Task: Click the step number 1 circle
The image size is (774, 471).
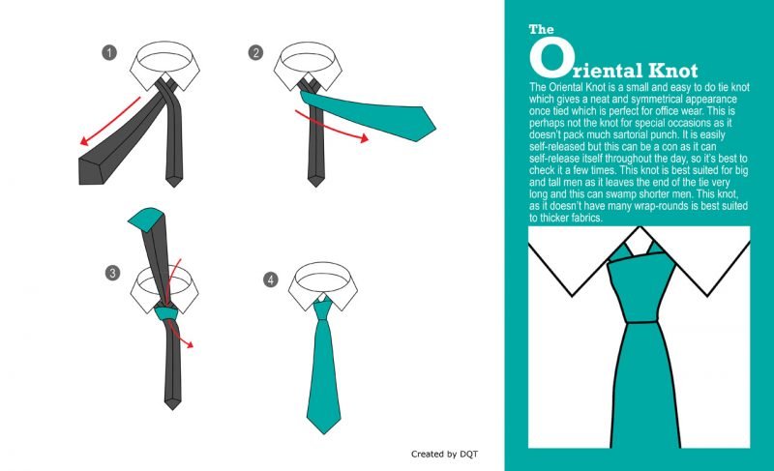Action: coord(109,53)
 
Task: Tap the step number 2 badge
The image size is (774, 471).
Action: coord(255,53)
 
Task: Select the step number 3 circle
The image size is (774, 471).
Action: coord(112,273)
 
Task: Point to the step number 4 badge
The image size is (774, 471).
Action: coord(271,280)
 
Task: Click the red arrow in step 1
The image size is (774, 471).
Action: coord(109,121)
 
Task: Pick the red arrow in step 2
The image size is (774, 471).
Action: coord(331,130)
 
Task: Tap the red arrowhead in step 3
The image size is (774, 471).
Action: coord(188,344)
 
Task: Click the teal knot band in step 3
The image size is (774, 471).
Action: coord(165,313)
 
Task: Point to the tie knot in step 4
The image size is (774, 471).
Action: coord(323,309)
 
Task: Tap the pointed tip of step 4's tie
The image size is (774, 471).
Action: coord(324,434)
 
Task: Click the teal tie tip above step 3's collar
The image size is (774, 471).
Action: coord(147,218)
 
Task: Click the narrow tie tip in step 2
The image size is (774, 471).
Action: coord(316,185)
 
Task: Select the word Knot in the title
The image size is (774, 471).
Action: coord(672,71)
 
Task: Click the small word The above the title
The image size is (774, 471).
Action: coord(542,29)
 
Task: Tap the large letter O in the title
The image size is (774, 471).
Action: coord(551,58)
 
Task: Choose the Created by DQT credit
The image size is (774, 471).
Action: coord(444,454)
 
